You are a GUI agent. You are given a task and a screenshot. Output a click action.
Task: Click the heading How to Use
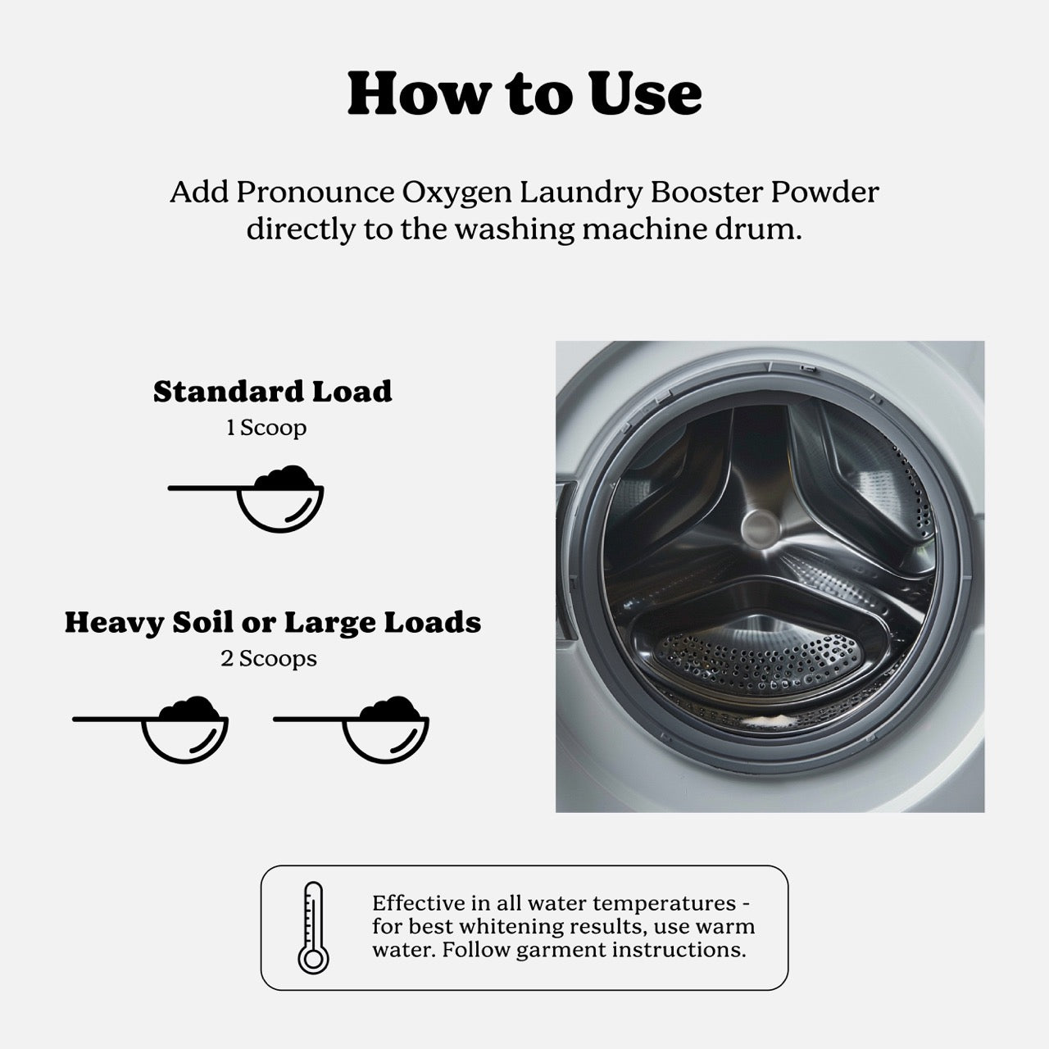click(x=524, y=93)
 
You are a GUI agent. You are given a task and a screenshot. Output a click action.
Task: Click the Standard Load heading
click(x=272, y=392)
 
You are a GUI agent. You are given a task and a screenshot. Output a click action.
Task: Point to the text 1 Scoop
click(x=266, y=428)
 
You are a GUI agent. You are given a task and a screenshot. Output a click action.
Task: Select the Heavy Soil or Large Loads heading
click(x=272, y=623)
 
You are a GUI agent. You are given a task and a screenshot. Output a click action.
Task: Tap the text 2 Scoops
click(x=268, y=659)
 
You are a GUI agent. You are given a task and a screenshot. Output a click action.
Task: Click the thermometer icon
click(x=313, y=928)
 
